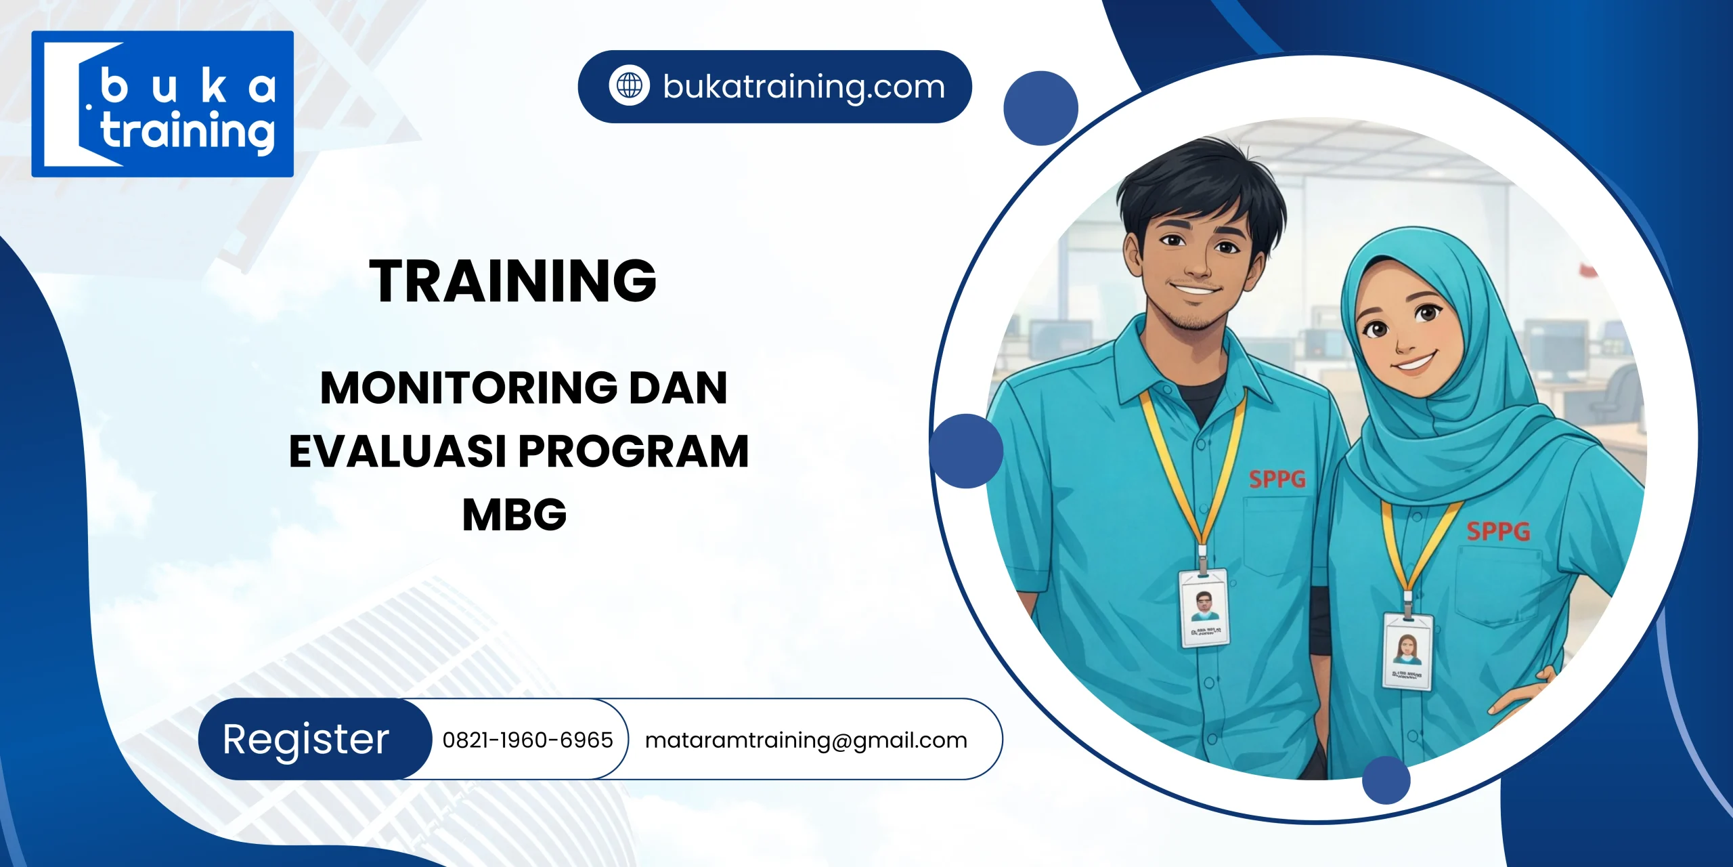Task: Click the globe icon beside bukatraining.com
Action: click(x=629, y=86)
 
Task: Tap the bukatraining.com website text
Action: click(x=804, y=87)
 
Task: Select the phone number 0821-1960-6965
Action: click(x=527, y=740)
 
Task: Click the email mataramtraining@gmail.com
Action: click(x=806, y=740)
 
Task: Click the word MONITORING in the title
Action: click(x=468, y=388)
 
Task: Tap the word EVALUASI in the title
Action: click(x=397, y=452)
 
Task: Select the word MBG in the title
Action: click(x=514, y=515)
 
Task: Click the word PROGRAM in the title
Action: click(x=634, y=452)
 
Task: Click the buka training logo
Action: click(x=162, y=104)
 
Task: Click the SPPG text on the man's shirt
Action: click(x=1277, y=480)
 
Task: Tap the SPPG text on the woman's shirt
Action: click(x=1497, y=531)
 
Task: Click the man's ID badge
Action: click(x=1204, y=608)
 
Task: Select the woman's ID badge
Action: click(x=1407, y=650)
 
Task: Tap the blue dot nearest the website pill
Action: click(x=1040, y=108)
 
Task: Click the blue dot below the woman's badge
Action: click(x=1386, y=780)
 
